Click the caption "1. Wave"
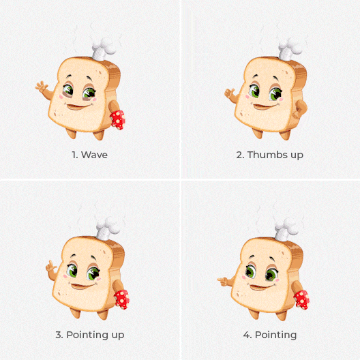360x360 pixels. pos(89,155)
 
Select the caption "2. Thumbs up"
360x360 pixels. pos(270,155)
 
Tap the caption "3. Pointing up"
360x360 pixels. pos(90,335)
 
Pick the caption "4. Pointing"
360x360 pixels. pos(270,335)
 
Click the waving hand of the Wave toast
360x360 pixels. pos(42,87)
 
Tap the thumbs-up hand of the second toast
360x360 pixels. pos(229,93)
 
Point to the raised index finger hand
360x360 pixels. pos(51,267)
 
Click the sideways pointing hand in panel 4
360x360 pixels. pos(222,281)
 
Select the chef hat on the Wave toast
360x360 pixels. pos(104,49)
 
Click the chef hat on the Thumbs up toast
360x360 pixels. pos(290,49)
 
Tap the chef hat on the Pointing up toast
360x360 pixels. pos(108,228)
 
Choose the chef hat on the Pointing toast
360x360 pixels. pos(286,230)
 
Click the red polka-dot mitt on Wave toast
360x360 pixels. pos(118,119)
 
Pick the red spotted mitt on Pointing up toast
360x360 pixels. pos(122,299)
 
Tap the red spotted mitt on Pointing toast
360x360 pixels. pos(301,300)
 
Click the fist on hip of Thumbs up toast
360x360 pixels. pos(300,109)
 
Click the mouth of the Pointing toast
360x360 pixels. pos(262,287)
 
